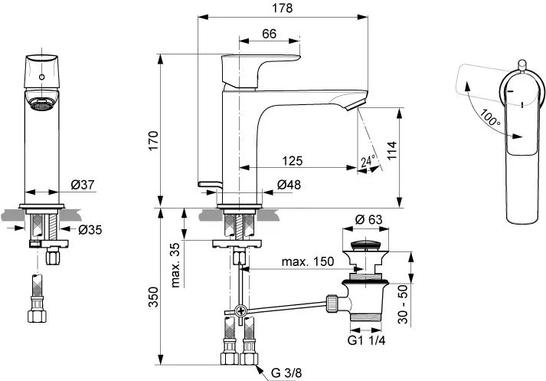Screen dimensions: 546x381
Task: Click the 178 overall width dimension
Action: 283,8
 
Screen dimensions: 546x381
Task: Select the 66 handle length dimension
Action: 269,34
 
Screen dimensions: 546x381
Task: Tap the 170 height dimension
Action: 153,140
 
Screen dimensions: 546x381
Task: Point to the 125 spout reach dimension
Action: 293,161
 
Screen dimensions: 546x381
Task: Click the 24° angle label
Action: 368,161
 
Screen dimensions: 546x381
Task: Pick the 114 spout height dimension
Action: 392,150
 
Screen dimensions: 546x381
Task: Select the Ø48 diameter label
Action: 289,185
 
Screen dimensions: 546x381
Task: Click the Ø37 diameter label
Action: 83,185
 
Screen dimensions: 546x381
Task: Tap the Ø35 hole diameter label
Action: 90,230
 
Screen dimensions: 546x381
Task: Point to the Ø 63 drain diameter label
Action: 368,219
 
